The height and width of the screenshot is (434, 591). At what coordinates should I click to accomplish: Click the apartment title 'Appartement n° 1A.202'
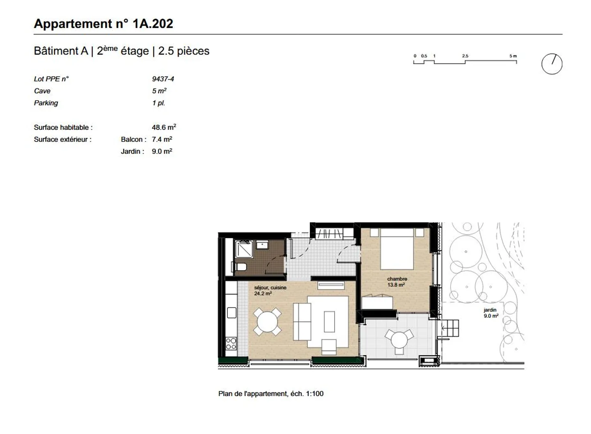point(103,24)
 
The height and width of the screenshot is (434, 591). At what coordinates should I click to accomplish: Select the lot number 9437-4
point(163,79)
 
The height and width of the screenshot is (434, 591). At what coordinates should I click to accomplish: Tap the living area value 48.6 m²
point(164,127)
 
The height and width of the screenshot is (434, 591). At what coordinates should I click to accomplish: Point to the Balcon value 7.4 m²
point(162,139)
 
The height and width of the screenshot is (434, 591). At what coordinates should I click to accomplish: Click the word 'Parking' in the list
point(46,103)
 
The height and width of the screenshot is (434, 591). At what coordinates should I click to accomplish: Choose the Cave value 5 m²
point(159,91)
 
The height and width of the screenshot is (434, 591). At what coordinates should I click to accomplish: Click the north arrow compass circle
point(552,64)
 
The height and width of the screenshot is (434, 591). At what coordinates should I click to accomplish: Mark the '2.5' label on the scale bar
point(465,56)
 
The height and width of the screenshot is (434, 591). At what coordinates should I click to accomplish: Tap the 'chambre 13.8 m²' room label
point(396,282)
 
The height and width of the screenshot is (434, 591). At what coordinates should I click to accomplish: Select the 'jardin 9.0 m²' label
point(490,313)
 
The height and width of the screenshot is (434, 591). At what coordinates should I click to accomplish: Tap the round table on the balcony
point(399,340)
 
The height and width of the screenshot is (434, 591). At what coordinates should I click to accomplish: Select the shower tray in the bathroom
point(243,249)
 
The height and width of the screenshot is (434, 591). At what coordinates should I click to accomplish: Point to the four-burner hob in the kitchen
point(231,343)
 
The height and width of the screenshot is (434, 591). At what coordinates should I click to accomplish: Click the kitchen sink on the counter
point(231,313)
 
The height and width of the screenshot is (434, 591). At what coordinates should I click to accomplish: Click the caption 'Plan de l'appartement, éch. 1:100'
point(271,393)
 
